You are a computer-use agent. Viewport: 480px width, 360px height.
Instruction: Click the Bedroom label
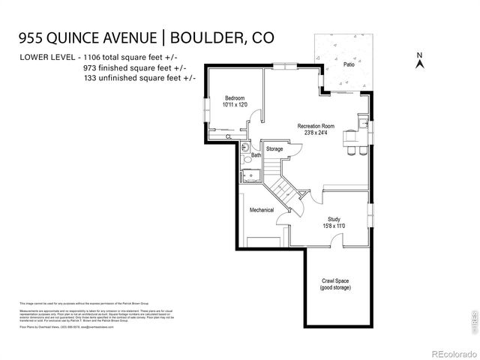(x=235, y=97)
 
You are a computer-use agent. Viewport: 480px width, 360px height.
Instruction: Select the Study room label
(x=334, y=219)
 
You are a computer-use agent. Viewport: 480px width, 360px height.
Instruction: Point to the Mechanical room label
(x=262, y=210)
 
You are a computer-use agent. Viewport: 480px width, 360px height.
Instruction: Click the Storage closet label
(x=274, y=149)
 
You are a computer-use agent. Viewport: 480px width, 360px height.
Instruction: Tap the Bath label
(x=256, y=155)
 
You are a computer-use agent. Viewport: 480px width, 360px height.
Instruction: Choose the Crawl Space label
(x=334, y=282)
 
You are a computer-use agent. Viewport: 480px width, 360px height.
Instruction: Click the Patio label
(x=349, y=64)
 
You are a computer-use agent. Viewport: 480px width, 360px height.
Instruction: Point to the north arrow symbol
(x=420, y=61)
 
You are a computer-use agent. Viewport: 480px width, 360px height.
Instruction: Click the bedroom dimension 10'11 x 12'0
(x=235, y=104)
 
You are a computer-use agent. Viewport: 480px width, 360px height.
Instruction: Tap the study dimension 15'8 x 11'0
(x=334, y=226)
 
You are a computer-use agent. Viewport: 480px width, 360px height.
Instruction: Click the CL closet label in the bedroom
(x=228, y=136)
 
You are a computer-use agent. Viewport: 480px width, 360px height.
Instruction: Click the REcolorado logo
(x=452, y=353)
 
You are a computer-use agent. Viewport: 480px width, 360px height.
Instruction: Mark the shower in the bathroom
(x=250, y=174)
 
